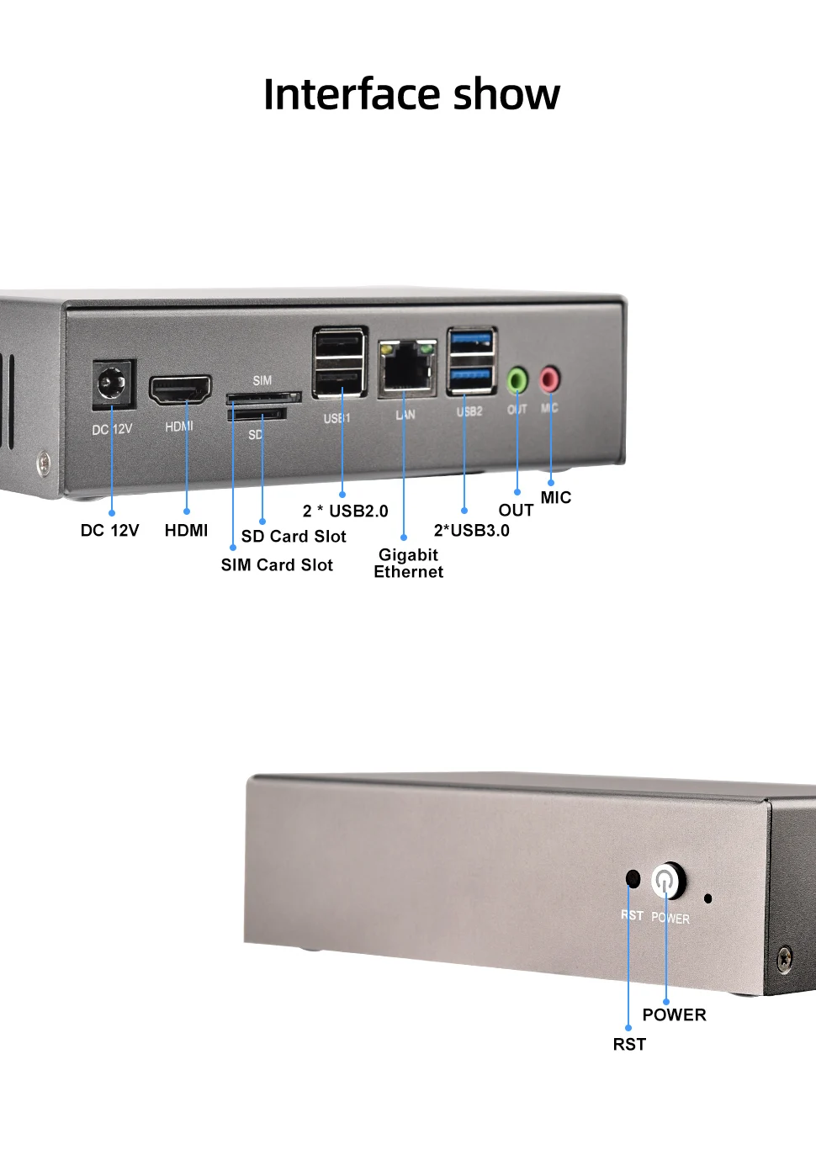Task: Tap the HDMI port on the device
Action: coord(180,390)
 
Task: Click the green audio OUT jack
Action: coord(517,381)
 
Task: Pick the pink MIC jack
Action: coord(549,379)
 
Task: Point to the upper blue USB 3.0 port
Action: coord(471,342)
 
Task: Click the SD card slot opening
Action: coord(257,414)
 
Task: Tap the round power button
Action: coord(666,881)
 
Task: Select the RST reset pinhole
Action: coord(633,879)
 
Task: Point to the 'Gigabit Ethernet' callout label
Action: coord(408,564)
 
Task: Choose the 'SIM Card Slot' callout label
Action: coord(277,565)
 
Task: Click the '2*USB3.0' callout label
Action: coord(471,531)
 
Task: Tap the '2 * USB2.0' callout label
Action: coord(345,511)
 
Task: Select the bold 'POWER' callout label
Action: coord(674,1015)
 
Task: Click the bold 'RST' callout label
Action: coord(629,1045)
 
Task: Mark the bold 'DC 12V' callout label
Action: coord(109,531)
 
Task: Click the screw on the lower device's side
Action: coord(784,957)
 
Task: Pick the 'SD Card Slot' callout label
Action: coord(294,537)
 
